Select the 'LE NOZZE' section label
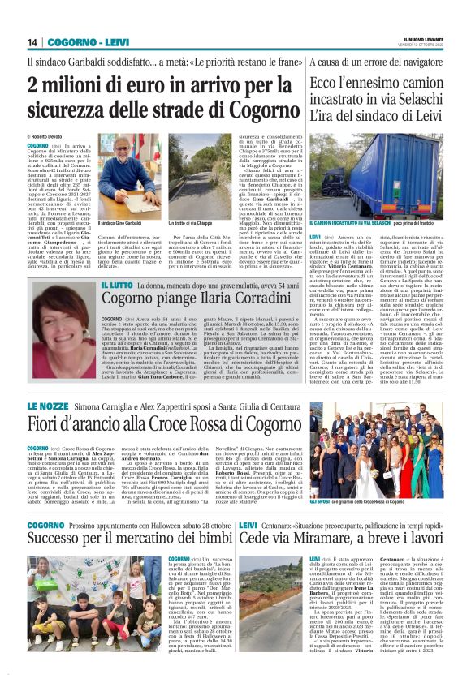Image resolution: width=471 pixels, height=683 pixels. click(49, 406)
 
